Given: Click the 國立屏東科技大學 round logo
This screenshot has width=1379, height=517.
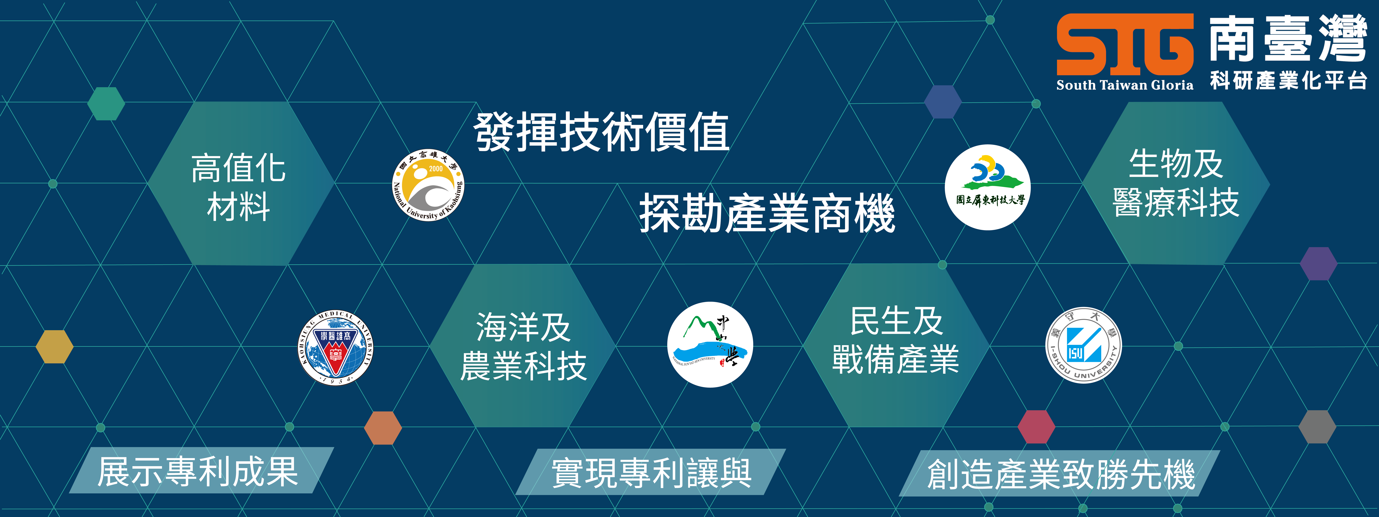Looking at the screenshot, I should click(988, 187).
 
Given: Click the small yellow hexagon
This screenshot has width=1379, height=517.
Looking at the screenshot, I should click(54, 347).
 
